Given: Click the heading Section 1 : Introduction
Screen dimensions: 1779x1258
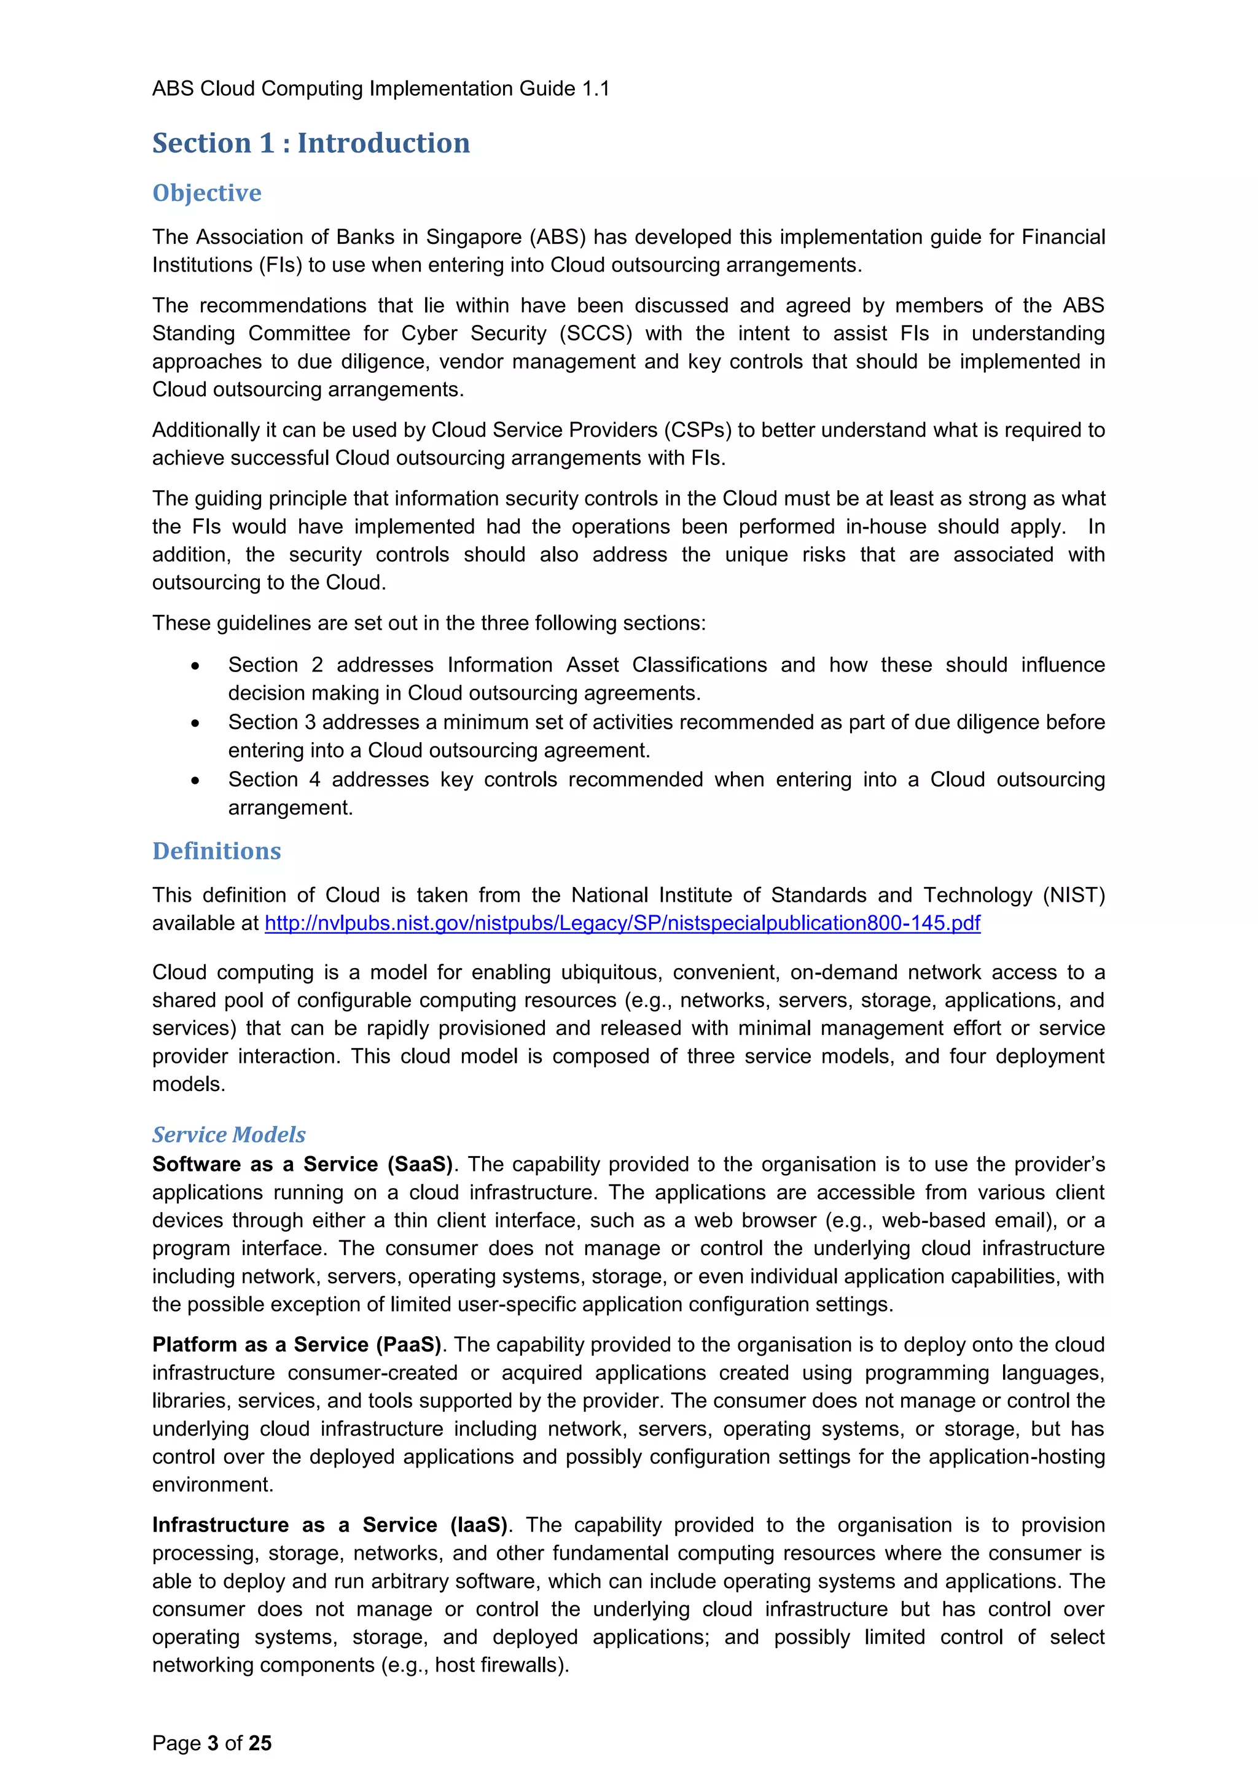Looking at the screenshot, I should click(311, 143).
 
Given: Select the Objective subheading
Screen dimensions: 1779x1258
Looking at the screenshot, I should click(207, 193).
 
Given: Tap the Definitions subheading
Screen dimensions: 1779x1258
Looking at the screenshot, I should click(216, 851).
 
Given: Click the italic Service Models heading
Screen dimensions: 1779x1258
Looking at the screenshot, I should click(229, 1135).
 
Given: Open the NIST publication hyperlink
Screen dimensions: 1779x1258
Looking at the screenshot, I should click(622, 923).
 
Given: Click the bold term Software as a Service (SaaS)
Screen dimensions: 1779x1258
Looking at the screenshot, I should click(302, 1165).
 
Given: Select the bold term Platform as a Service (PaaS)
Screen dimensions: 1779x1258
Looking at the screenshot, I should click(297, 1345).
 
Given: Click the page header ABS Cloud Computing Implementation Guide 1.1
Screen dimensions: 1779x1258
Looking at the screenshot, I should click(380, 89).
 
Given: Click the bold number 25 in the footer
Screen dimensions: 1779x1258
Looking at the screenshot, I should click(260, 1743).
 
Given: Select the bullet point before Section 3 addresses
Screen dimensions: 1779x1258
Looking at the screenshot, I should click(195, 724).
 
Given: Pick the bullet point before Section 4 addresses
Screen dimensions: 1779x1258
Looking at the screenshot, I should click(195, 781).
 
